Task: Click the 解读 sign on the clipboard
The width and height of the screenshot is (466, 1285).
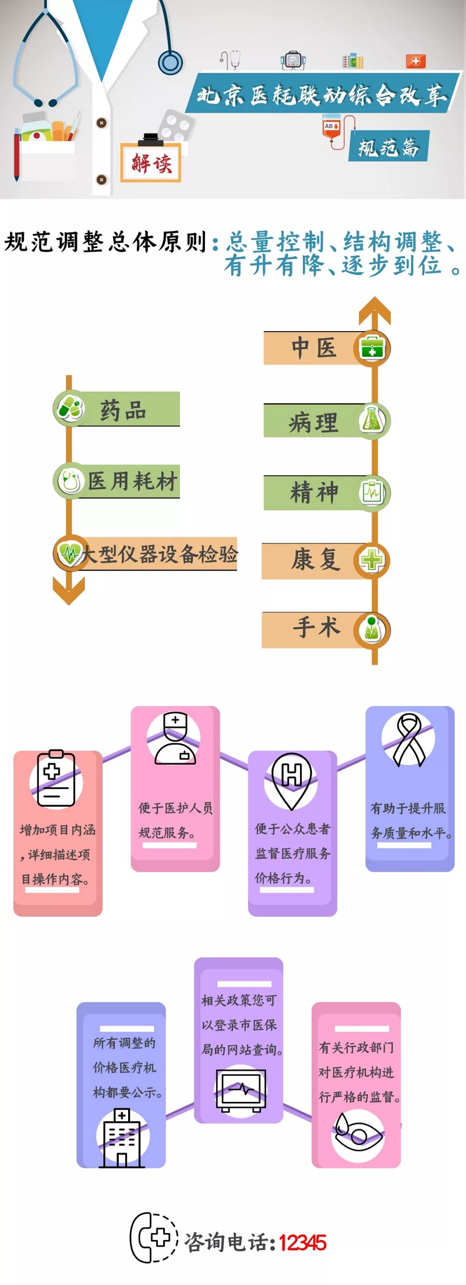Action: pyautogui.click(x=151, y=163)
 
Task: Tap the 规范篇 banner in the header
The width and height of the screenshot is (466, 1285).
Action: pyautogui.click(x=389, y=146)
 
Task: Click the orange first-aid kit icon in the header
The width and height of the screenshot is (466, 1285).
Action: pyautogui.click(x=415, y=61)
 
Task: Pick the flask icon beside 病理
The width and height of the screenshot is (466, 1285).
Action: pyautogui.click(x=372, y=420)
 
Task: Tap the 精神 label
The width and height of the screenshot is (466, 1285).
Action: pyautogui.click(x=314, y=493)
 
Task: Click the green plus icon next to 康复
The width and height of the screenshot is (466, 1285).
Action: pyautogui.click(x=372, y=560)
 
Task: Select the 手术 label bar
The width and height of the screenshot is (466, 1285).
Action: pyautogui.click(x=315, y=629)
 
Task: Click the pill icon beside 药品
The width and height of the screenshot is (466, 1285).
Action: pyautogui.click(x=70, y=408)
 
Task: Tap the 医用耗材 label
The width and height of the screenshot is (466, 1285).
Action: pyautogui.click(x=132, y=482)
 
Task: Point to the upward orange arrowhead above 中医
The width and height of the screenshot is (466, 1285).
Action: pyautogui.click(x=375, y=310)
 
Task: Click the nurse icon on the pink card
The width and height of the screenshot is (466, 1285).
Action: pyautogui.click(x=175, y=738)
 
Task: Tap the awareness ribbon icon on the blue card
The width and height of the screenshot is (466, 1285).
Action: pyautogui.click(x=409, y=739)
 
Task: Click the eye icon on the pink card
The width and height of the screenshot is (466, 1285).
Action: pyautogui.click(x=358, y=1135)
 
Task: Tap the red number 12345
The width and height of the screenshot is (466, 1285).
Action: pyautogui.click(x=302, y=1243)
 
